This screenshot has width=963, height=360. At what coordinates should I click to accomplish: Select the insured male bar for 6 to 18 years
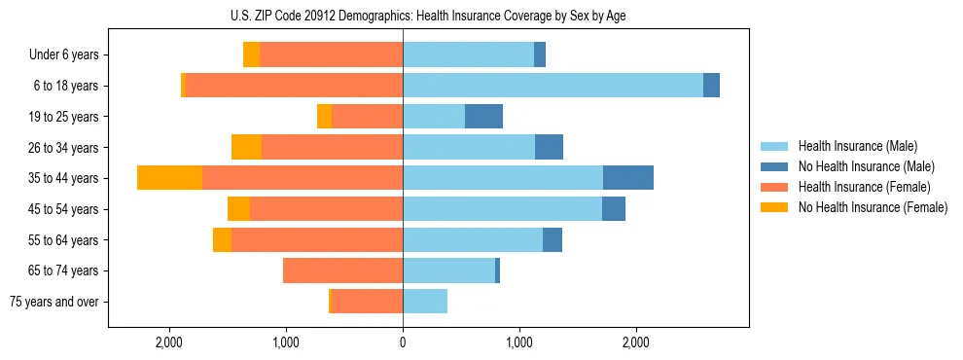click(553, 86)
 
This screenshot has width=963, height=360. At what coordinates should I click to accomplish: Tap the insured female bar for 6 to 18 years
click(294, 86)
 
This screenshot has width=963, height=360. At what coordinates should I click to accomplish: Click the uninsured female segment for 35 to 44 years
click(169, 178)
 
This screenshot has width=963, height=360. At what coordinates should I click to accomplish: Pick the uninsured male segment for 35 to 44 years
click(628, 178)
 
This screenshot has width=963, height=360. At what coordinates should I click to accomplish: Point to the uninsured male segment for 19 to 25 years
click(483, 117)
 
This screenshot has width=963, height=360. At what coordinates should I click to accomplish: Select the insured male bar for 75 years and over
click(425, 302)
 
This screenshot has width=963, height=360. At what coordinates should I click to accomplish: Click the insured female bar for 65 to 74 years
click(342, 270)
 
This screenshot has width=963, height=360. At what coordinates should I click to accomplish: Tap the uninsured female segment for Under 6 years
click(251, 54)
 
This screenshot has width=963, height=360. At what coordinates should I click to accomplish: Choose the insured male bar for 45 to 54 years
click(502, 209)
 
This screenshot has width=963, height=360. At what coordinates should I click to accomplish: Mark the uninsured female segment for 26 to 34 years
click(246, 147)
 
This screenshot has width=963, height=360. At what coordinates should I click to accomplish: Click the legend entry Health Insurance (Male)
click(857, 146)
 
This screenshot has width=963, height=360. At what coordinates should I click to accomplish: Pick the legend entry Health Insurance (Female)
click(864, 187)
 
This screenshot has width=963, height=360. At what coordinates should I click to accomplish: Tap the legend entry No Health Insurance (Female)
click(873, 207)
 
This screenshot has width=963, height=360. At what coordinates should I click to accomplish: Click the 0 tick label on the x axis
click(403, 342)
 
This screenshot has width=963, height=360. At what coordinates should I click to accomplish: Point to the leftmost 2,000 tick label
click(169, 342)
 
